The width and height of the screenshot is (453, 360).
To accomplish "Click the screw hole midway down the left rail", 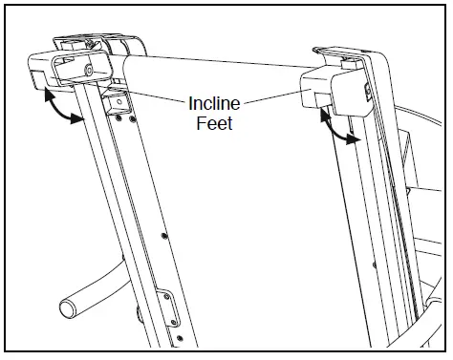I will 163,233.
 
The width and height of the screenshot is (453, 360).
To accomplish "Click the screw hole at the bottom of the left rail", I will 177,339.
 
